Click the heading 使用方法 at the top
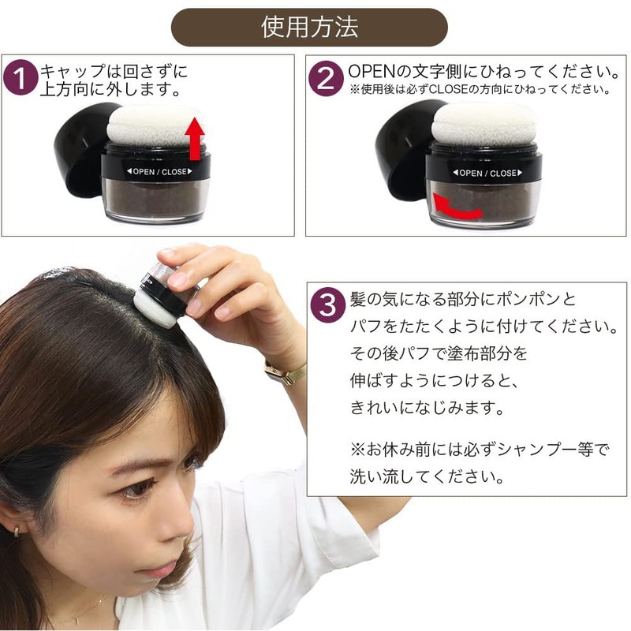309,27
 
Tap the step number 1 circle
21,78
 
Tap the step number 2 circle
325,78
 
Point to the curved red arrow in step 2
458,209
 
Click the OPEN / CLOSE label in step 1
154,171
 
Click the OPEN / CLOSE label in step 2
487,173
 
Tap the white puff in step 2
484,125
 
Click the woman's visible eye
136,489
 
